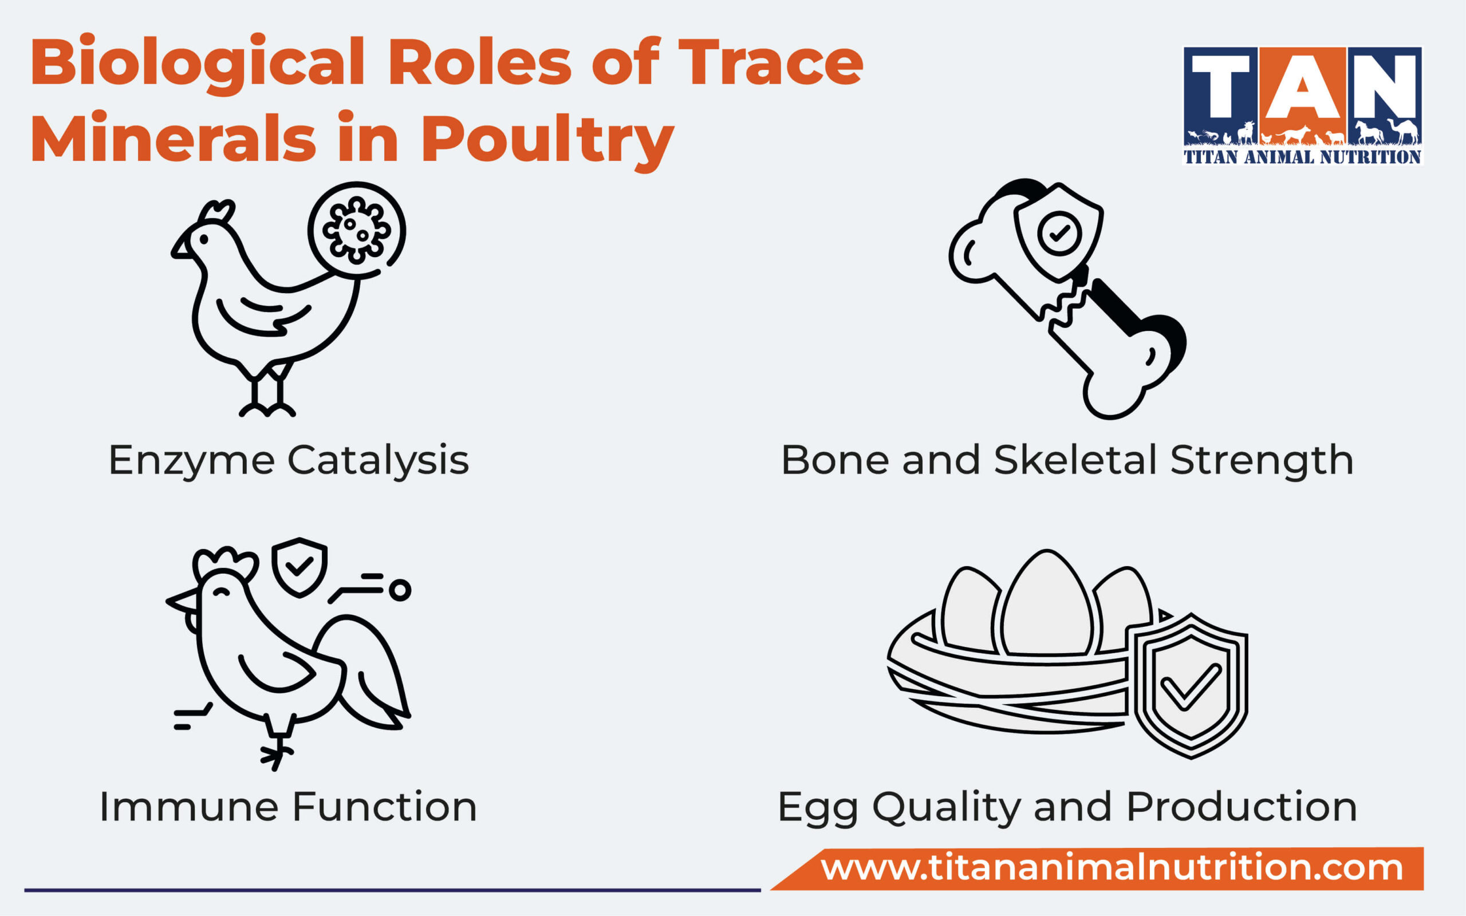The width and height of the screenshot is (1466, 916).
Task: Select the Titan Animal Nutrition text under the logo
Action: (1302, 157)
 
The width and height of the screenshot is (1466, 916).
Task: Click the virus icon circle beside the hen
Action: (356, 230)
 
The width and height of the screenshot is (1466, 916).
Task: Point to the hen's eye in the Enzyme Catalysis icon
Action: (203, 240)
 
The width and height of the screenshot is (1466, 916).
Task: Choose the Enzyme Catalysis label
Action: (289, 460)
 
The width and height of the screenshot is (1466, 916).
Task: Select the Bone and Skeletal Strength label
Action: (1067, 460)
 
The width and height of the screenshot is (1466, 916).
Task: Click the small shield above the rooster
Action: (299, 566)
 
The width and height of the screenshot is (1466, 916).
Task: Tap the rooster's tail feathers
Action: (369, 673)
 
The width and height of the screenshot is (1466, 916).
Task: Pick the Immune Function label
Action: (289, 807)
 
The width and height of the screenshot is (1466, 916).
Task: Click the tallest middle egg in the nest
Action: (1047, 606)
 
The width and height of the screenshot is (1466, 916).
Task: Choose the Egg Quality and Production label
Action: (1067, 807)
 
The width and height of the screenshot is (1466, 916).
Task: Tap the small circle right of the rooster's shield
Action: (400, 590)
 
